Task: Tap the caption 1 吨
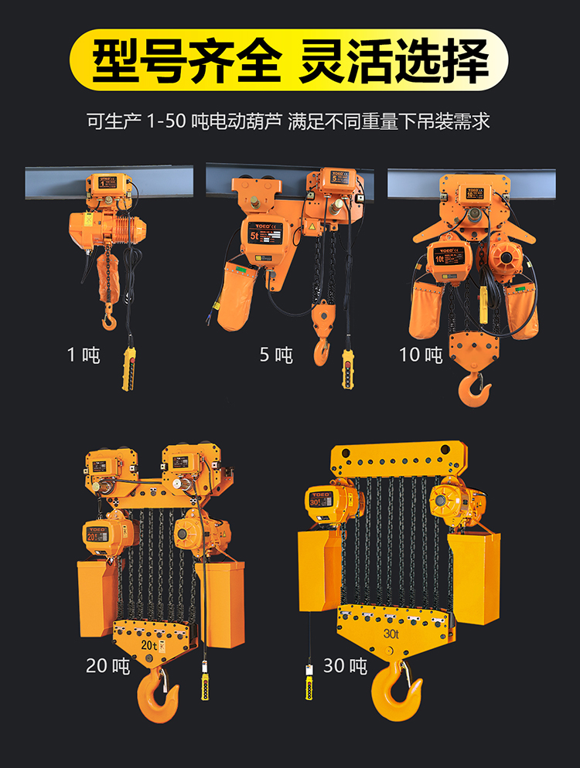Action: (84, 355)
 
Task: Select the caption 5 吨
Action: (276, 355)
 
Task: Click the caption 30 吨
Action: (345, 664)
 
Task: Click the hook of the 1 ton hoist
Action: (109, 318)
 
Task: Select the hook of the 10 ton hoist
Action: (473, 389)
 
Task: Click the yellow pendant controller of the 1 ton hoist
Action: (128, 369)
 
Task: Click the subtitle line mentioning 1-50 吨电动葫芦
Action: (289, 121)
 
